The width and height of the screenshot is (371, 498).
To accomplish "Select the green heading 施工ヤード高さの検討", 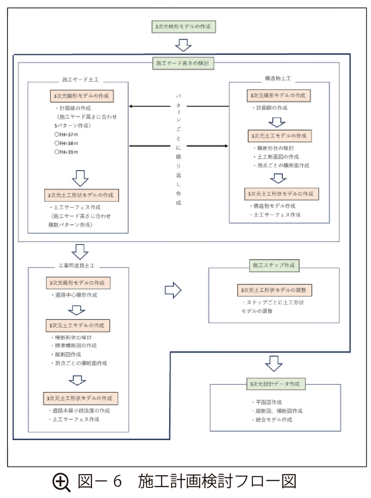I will [x=183, y=63].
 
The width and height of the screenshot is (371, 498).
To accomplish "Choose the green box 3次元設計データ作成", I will [x=276, y=384].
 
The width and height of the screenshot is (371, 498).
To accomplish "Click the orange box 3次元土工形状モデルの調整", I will [x=274, y=290].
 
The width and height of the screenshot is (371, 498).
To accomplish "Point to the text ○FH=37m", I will [x=67, y=134].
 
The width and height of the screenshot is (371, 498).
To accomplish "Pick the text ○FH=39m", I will [x=67, y=151].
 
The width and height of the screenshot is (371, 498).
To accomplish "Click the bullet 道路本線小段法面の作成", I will [x=81, y=411].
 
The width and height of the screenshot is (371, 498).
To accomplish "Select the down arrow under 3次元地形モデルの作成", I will [x=183, y=45].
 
